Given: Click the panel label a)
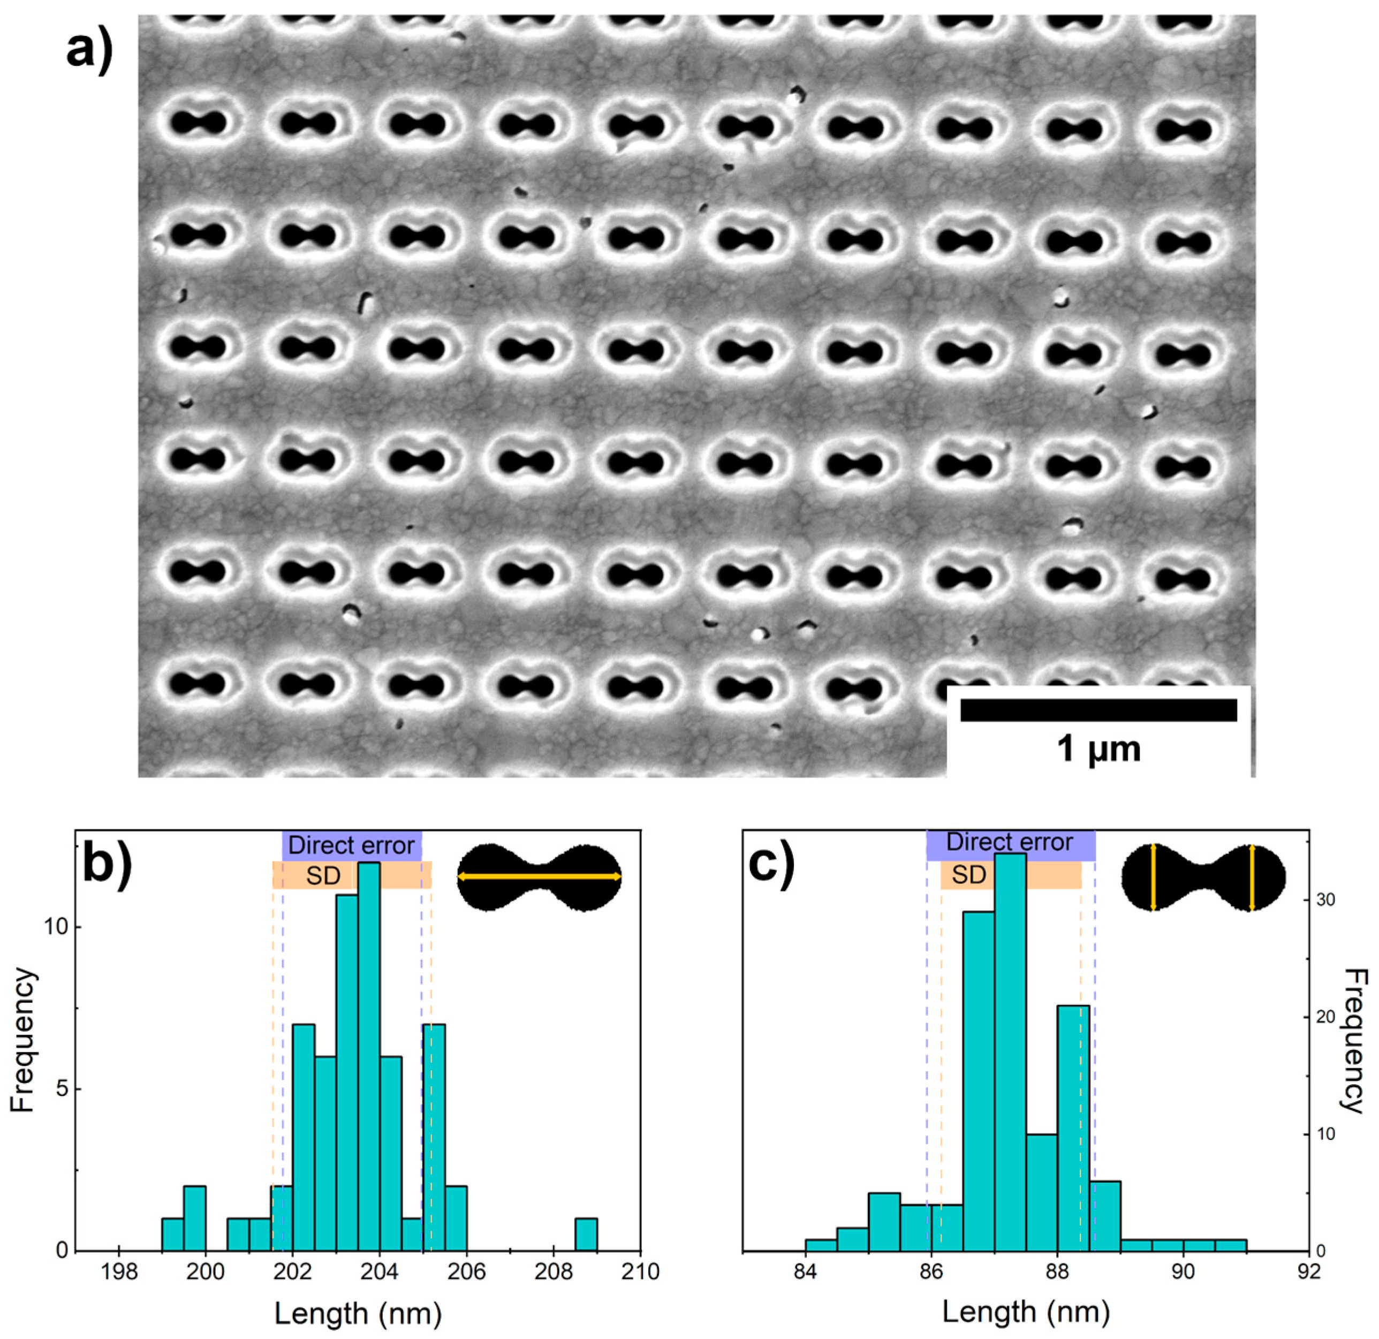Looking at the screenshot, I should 89,51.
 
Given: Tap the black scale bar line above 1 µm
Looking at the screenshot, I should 1098,710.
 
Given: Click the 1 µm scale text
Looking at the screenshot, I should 1098,750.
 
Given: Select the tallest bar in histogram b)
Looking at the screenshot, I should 369,1055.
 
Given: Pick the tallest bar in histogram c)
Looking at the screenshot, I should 1010,1055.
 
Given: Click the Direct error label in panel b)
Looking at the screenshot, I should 351,844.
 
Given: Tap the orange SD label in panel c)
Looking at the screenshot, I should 969,875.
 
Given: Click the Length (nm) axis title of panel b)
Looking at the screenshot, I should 358,1312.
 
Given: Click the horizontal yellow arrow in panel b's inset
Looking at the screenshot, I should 539,876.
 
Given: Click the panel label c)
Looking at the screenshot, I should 771,865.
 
